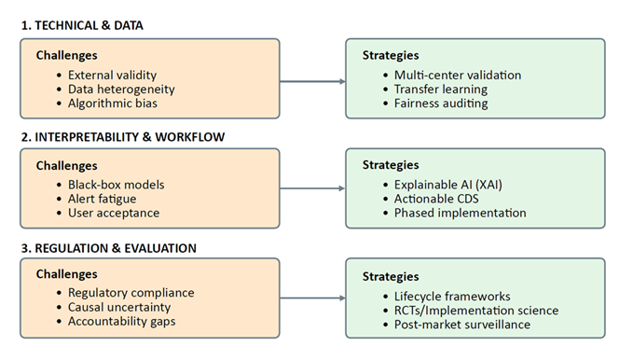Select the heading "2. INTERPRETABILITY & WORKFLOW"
coord(123,136)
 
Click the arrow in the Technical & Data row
coord(311,80)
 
